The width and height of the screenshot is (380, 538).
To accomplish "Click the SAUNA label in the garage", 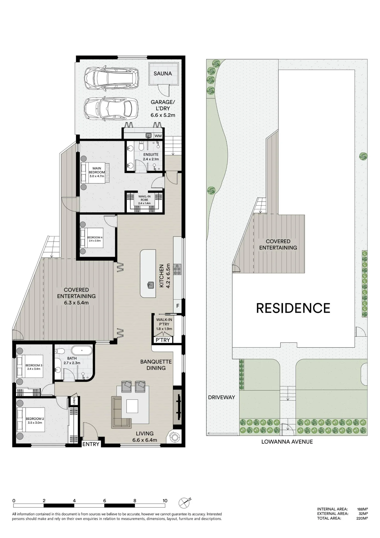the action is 163,73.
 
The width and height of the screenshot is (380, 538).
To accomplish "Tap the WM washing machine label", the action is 158,136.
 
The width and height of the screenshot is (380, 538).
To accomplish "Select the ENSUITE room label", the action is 151,154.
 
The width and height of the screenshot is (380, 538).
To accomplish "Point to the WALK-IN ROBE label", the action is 144,198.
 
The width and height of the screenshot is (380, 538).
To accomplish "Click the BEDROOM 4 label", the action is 95,238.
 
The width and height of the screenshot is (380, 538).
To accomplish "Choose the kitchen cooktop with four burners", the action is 177,269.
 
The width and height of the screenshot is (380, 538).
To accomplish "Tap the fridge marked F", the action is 177,306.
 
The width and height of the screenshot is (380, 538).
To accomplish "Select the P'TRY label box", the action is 163,340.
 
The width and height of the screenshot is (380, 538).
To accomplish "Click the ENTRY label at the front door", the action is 91,444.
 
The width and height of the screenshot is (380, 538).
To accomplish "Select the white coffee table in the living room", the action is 132,406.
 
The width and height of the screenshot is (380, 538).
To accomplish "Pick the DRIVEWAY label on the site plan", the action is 222,397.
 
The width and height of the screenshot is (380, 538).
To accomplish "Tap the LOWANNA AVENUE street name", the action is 287,442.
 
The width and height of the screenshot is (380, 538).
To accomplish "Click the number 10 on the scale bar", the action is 165,501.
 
